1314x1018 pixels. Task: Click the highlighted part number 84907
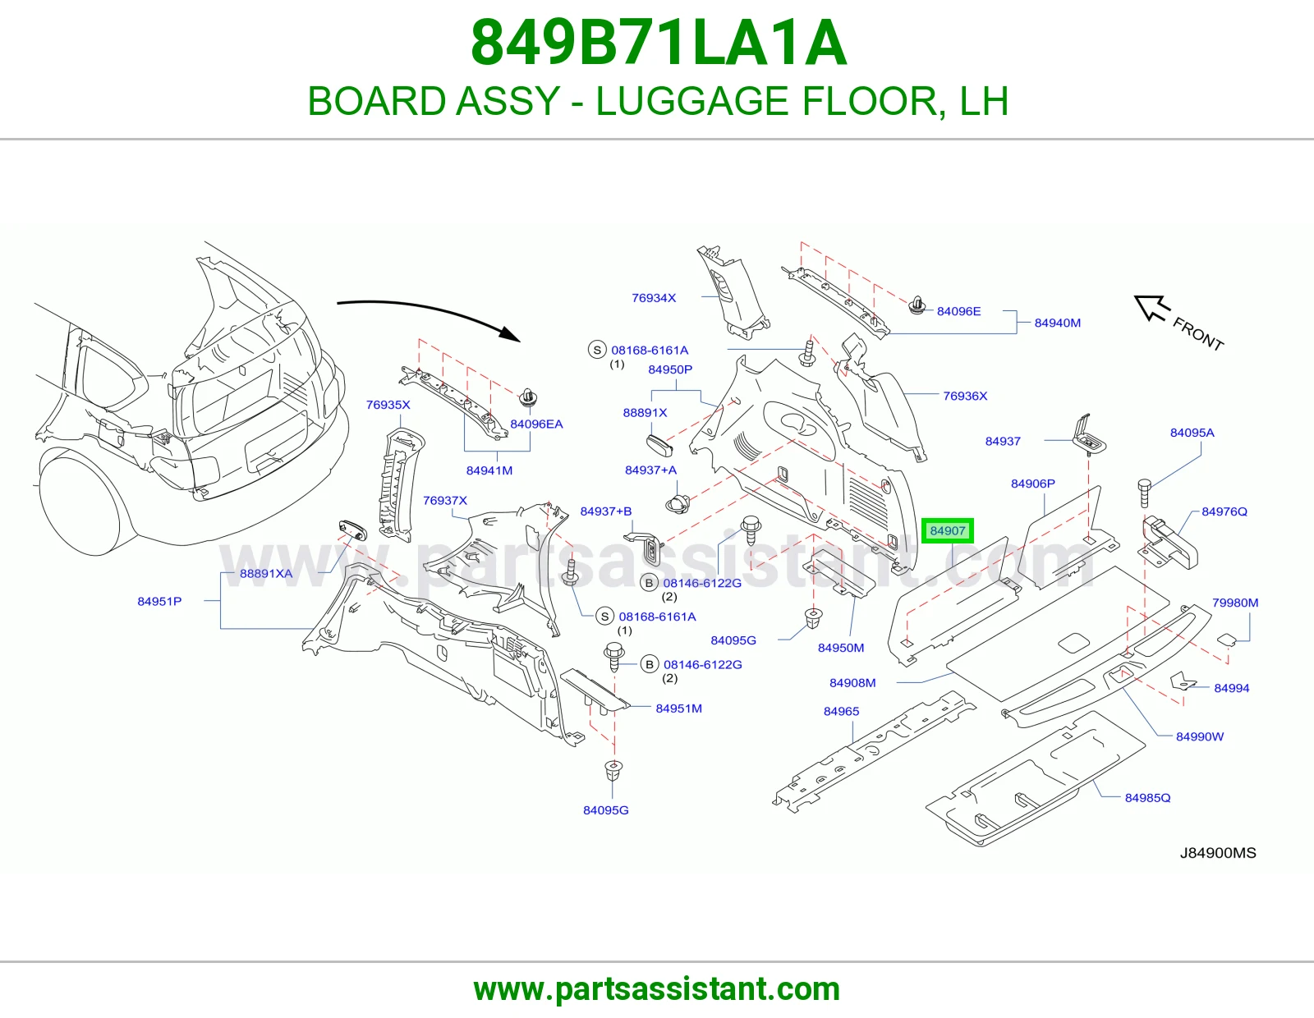tap(947, 531)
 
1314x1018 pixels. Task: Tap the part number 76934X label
tap(654, 297)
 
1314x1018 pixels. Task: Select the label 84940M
tap(1057, 323)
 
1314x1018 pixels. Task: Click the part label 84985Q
tap(1147, 797)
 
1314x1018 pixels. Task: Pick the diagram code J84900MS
tap(1218, 853)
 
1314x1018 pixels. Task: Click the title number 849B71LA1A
tap(659, 44)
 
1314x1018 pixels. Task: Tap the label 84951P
tap(159, 601)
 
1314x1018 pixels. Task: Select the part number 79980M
tap(1235, 603)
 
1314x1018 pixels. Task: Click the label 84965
tap(841, 711)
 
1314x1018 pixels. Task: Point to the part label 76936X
tap(965, 396)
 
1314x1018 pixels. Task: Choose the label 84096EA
tap(536, 424)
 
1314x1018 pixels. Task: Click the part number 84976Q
tap(1224, 511)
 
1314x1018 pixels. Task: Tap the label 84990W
tap(1200, 736)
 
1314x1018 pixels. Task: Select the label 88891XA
tap(266, 573)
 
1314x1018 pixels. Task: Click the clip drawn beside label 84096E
tap(918, 305)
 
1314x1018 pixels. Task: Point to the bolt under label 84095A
tap(1144, 493)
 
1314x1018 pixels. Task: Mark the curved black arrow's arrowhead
tap(510, 332)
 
